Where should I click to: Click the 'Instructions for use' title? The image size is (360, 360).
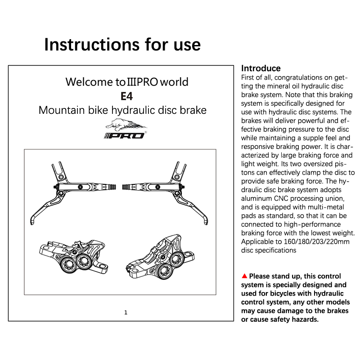point(122,45)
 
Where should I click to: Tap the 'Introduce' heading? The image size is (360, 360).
point(261,68)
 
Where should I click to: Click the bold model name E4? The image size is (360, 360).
point(126,96)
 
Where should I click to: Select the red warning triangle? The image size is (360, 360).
point(244,276)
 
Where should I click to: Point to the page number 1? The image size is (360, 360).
point(126,312)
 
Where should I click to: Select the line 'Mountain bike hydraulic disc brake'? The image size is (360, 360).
point(122,110)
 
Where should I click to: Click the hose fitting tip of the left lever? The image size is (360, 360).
point(117,185)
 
